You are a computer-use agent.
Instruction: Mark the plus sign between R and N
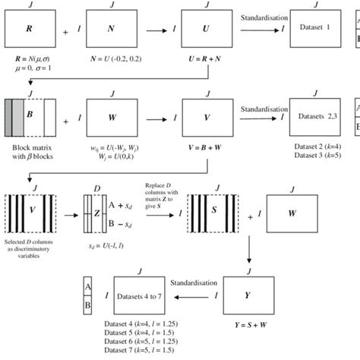point(66,33)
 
